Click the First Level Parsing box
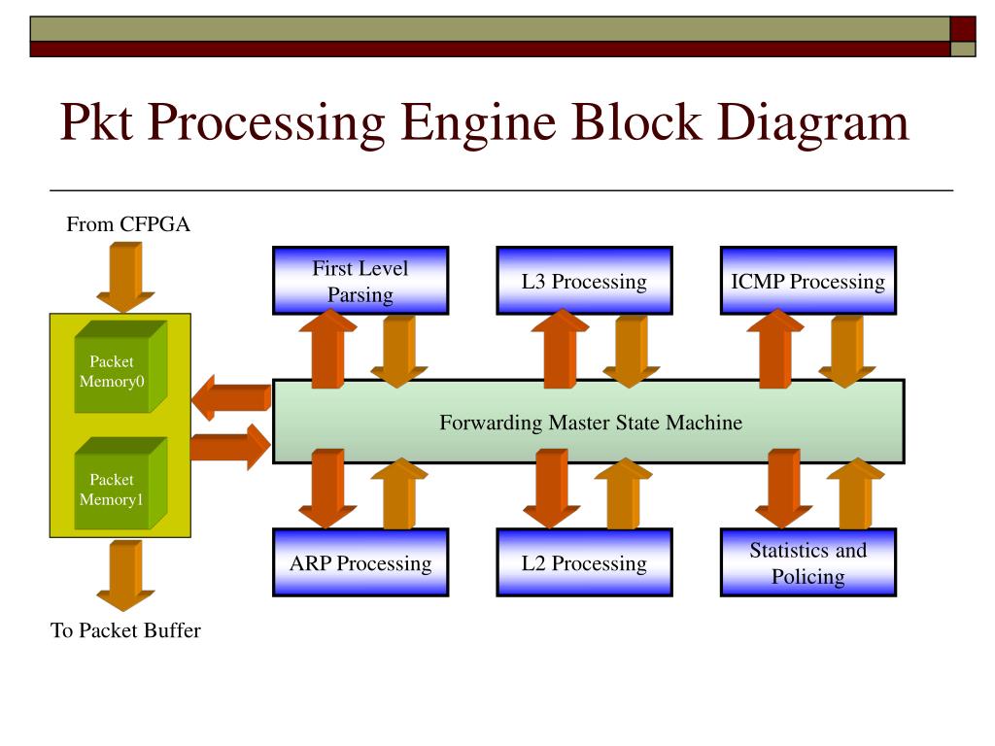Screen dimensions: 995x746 360,281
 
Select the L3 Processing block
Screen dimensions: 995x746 584,281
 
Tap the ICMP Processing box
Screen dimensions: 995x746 808,281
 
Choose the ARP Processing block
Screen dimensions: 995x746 360,562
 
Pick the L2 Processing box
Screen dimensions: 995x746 584,562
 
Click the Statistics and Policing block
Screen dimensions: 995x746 808,562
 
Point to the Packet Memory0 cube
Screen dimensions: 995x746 120,367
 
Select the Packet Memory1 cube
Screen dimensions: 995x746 120,484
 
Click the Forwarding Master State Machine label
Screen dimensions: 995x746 591,423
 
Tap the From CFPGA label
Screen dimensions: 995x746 128,224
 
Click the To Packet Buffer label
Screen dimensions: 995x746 125,629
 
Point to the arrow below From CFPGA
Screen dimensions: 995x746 125,277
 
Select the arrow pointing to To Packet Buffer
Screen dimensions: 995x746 125,575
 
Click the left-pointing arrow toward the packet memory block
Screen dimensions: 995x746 231,397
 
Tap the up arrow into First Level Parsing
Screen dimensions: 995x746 327,349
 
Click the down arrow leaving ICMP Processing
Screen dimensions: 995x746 847,352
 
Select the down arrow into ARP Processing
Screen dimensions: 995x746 327,489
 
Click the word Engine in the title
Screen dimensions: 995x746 479,122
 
